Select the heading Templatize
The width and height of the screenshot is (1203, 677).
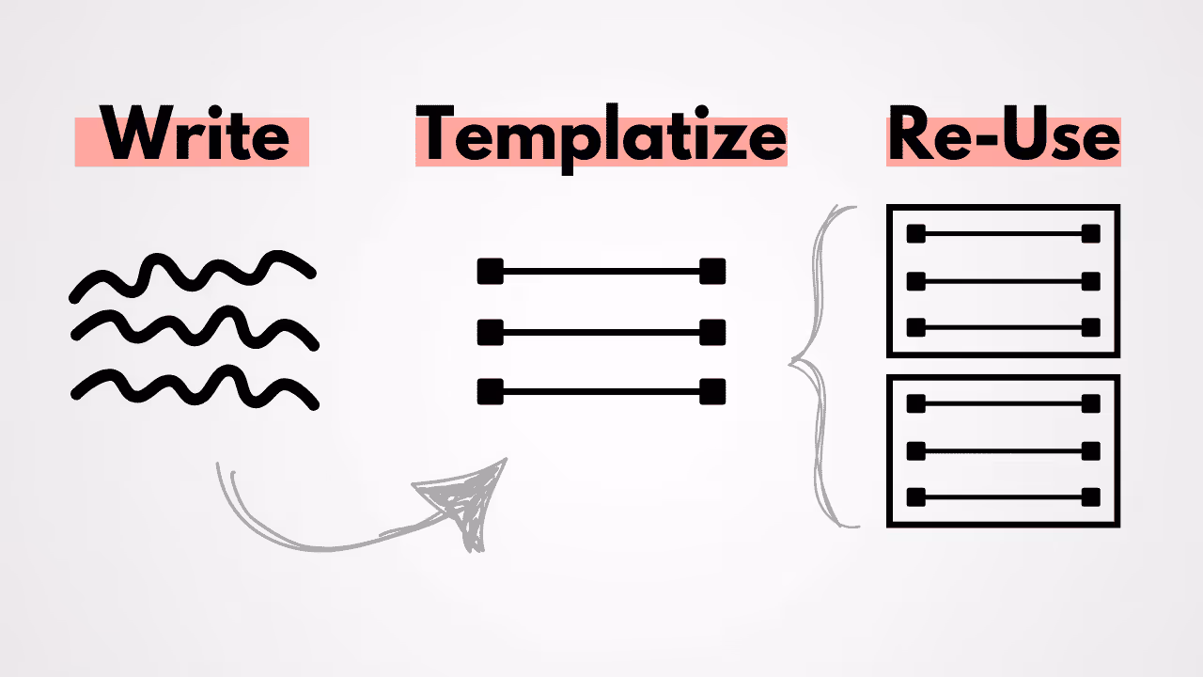[x=601, y=138]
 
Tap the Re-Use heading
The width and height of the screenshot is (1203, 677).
[x=1003, y=138]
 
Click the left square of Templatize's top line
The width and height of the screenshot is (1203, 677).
[x=490, y=272]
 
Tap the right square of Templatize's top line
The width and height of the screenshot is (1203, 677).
[x=712, y=272]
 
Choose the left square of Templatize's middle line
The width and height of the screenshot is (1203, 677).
[x=490, y=332]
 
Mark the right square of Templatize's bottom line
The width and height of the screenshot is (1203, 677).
[x=712, y=391]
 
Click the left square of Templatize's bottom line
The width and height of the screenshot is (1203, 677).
[x=490, y=391]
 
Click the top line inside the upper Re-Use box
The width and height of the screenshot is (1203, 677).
[x=1004, y=234]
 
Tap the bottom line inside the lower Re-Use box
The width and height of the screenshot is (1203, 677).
[x=1004, y=496]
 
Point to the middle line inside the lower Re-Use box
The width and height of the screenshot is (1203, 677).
[x=1004, y=449]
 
